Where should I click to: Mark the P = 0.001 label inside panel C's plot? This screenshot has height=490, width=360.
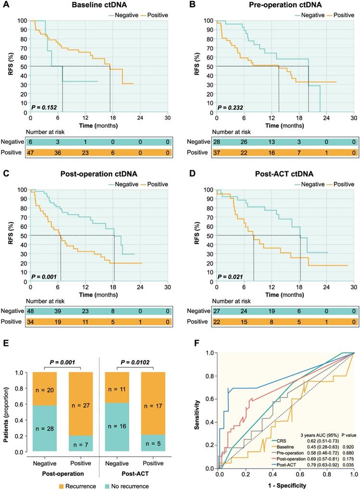[x=45, y=276]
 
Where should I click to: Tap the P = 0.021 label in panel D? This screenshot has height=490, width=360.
[x=231, y=276]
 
